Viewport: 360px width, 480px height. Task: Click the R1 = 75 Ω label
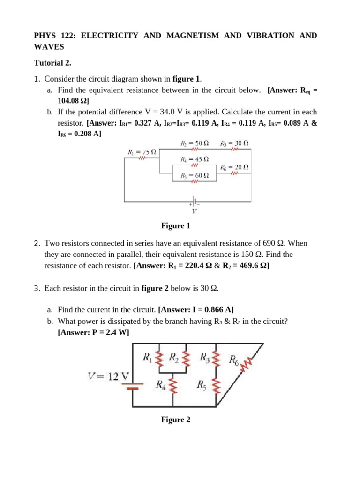(x=142, y=152)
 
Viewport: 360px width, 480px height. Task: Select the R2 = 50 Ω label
(x=195, y=142)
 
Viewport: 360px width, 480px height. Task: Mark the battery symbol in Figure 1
(x=194, y=202)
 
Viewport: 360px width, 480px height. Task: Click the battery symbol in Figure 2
(x=133, y=386)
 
